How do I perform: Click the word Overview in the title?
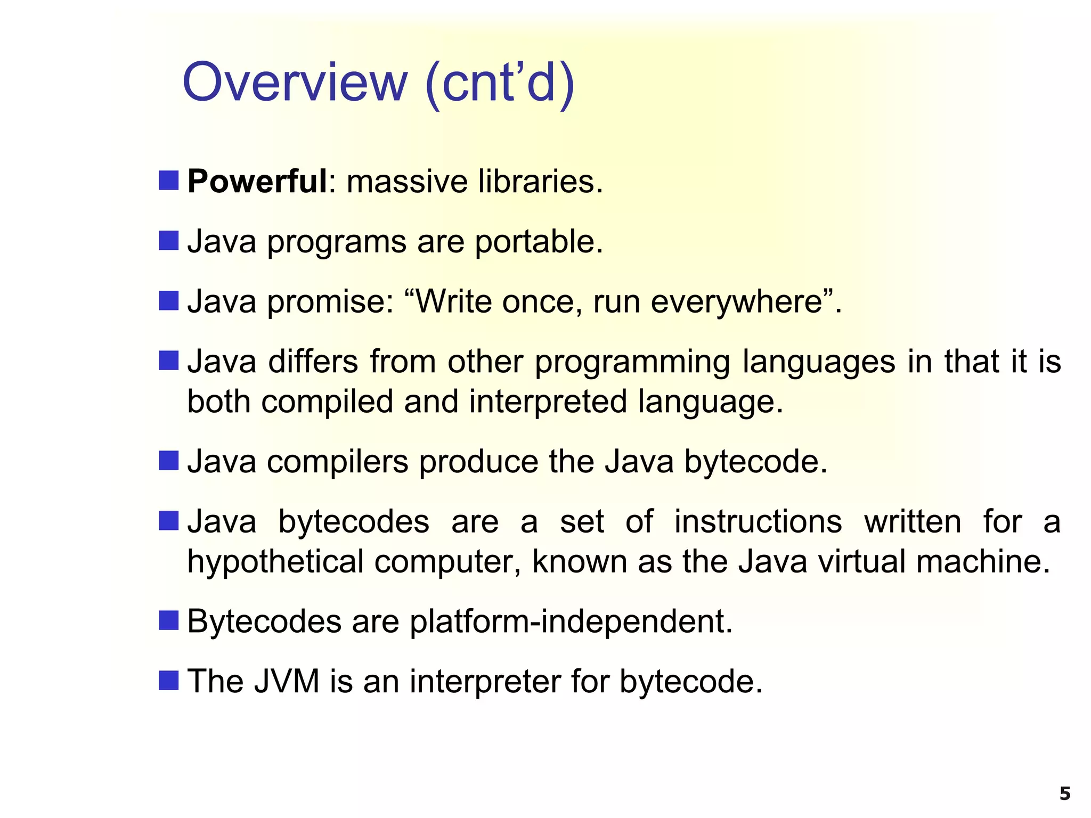pos(295,83)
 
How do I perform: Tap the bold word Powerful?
pos(257,182)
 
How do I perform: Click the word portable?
pos(539,242)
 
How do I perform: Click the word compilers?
pos(337,462)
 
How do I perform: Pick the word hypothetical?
pos(275,562)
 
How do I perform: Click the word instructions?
pos(758,521)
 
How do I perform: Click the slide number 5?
pos(1064,794)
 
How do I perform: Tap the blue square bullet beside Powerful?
pos(168,181)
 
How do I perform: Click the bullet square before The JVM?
pos(168,680)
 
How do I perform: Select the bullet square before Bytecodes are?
pos(168,620)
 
